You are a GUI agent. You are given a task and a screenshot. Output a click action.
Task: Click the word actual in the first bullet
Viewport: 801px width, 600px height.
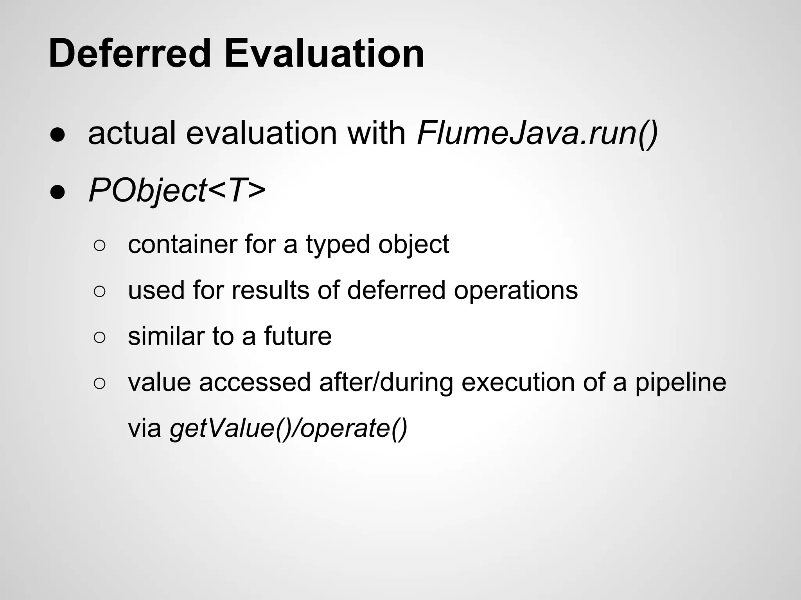132,134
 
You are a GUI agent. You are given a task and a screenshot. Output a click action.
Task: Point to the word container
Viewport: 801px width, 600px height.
183,245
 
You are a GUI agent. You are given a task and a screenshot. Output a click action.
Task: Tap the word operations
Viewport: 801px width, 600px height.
515,291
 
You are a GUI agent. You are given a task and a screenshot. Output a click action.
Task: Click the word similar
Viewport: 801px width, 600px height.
165,336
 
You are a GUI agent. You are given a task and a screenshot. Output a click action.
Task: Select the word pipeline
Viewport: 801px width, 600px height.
680,383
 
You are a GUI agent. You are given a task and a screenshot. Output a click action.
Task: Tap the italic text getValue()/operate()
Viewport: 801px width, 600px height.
288,429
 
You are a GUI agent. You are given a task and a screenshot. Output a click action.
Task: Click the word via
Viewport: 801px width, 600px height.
145,429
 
